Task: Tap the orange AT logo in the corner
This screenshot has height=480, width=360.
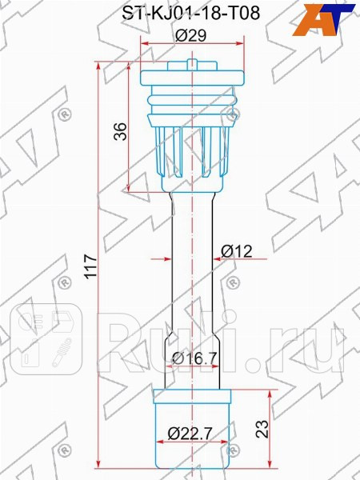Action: click(x=323, y=18)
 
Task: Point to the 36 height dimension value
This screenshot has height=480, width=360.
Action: click(x=121, y=130)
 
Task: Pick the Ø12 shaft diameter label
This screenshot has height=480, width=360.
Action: click(x=236, y=251)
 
